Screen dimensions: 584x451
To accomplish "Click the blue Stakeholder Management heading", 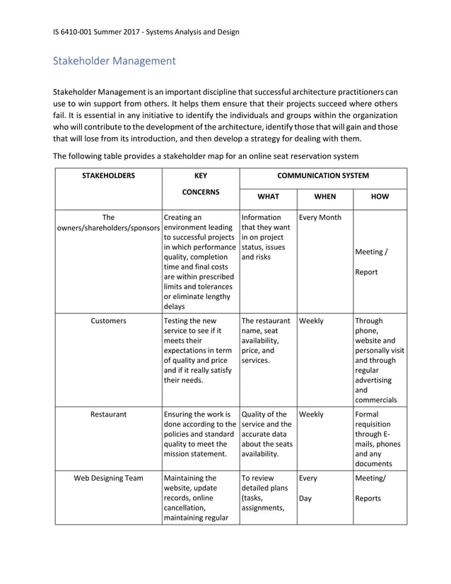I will pos(115,61).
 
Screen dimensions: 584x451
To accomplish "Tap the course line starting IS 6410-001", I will pos(146,32).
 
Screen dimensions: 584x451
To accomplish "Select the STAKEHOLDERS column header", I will pos(108,176).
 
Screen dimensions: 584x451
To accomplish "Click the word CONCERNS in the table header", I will pos(200,192).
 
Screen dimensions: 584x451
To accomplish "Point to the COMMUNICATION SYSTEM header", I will pos(322,176).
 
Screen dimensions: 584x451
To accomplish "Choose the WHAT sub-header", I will pos(267,197).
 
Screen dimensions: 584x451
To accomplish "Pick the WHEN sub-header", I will pos(324,197).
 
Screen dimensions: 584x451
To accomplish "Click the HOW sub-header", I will pos(380,197).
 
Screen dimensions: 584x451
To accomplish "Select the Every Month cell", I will pos(320,218).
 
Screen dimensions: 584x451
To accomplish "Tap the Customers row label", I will pos(108,321).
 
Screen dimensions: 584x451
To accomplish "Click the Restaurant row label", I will pos(108,415).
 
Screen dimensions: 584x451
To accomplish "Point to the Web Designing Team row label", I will pos(108,479).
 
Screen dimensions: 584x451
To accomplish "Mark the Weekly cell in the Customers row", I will pos(312,321).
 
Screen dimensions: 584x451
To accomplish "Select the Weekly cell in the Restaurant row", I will pos(312,415).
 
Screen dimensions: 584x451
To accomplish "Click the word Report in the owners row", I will pos(366,271).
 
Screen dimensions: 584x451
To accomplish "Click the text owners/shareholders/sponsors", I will pos(108,228).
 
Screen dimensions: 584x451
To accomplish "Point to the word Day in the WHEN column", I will pos(306,498).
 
